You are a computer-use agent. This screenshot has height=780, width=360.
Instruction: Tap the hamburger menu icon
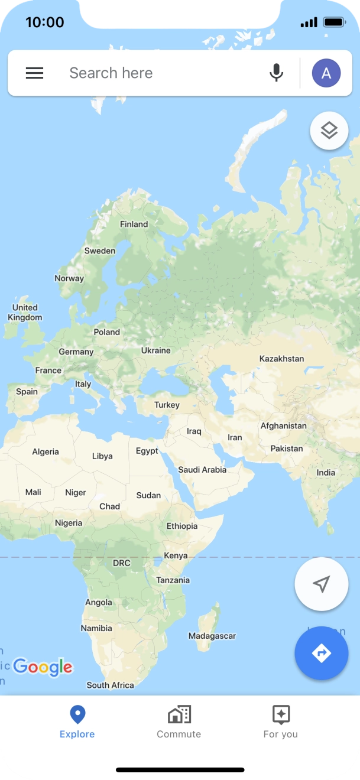[34, 73]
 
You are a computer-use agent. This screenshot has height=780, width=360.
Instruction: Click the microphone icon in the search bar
[276, 73]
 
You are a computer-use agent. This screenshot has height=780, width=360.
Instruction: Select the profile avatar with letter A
[326, 73]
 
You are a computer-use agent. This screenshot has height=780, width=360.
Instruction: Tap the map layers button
[329, 131]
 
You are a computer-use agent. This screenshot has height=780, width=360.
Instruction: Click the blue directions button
[321, 653]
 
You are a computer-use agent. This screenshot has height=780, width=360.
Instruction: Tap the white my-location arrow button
[321, 584]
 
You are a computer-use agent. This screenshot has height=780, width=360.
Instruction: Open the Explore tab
[77, 721]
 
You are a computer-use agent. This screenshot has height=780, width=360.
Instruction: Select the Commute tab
[179, 721]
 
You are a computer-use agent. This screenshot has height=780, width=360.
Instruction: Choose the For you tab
[280, 721]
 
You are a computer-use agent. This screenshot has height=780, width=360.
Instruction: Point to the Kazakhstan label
[281, 359]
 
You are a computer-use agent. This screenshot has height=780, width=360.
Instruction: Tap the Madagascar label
[212, 636]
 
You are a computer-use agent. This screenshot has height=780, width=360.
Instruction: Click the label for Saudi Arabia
[202, 470]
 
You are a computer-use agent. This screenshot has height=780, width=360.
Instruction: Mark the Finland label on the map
[134, 225]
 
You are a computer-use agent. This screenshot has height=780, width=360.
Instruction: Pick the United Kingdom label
[25, 313]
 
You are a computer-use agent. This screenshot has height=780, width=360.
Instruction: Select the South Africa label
[110, 685]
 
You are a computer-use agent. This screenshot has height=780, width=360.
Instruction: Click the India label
[326, 473]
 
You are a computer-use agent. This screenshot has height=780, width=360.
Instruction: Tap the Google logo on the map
[43, 667]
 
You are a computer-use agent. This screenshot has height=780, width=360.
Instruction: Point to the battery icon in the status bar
[335, 22]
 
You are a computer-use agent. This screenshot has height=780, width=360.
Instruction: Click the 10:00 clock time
[45, 22]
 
